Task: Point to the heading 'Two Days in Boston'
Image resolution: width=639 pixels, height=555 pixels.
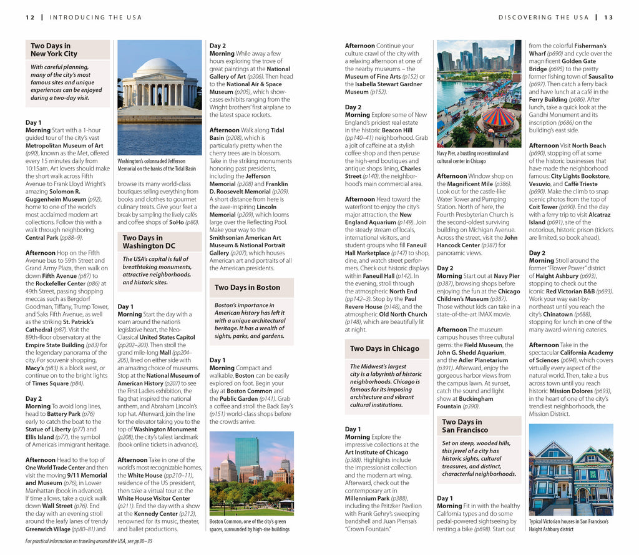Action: pos(247,288)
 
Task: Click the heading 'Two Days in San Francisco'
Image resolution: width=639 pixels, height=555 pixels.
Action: pos(466,426)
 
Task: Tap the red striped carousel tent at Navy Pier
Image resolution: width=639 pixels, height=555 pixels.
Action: pos(499,116)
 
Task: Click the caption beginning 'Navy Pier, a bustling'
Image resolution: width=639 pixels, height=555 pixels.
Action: pos(472,157)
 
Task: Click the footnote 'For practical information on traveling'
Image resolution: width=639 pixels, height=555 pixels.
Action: pos(89,541)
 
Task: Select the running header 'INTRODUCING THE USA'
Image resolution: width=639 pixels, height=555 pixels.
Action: pos(95,17)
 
